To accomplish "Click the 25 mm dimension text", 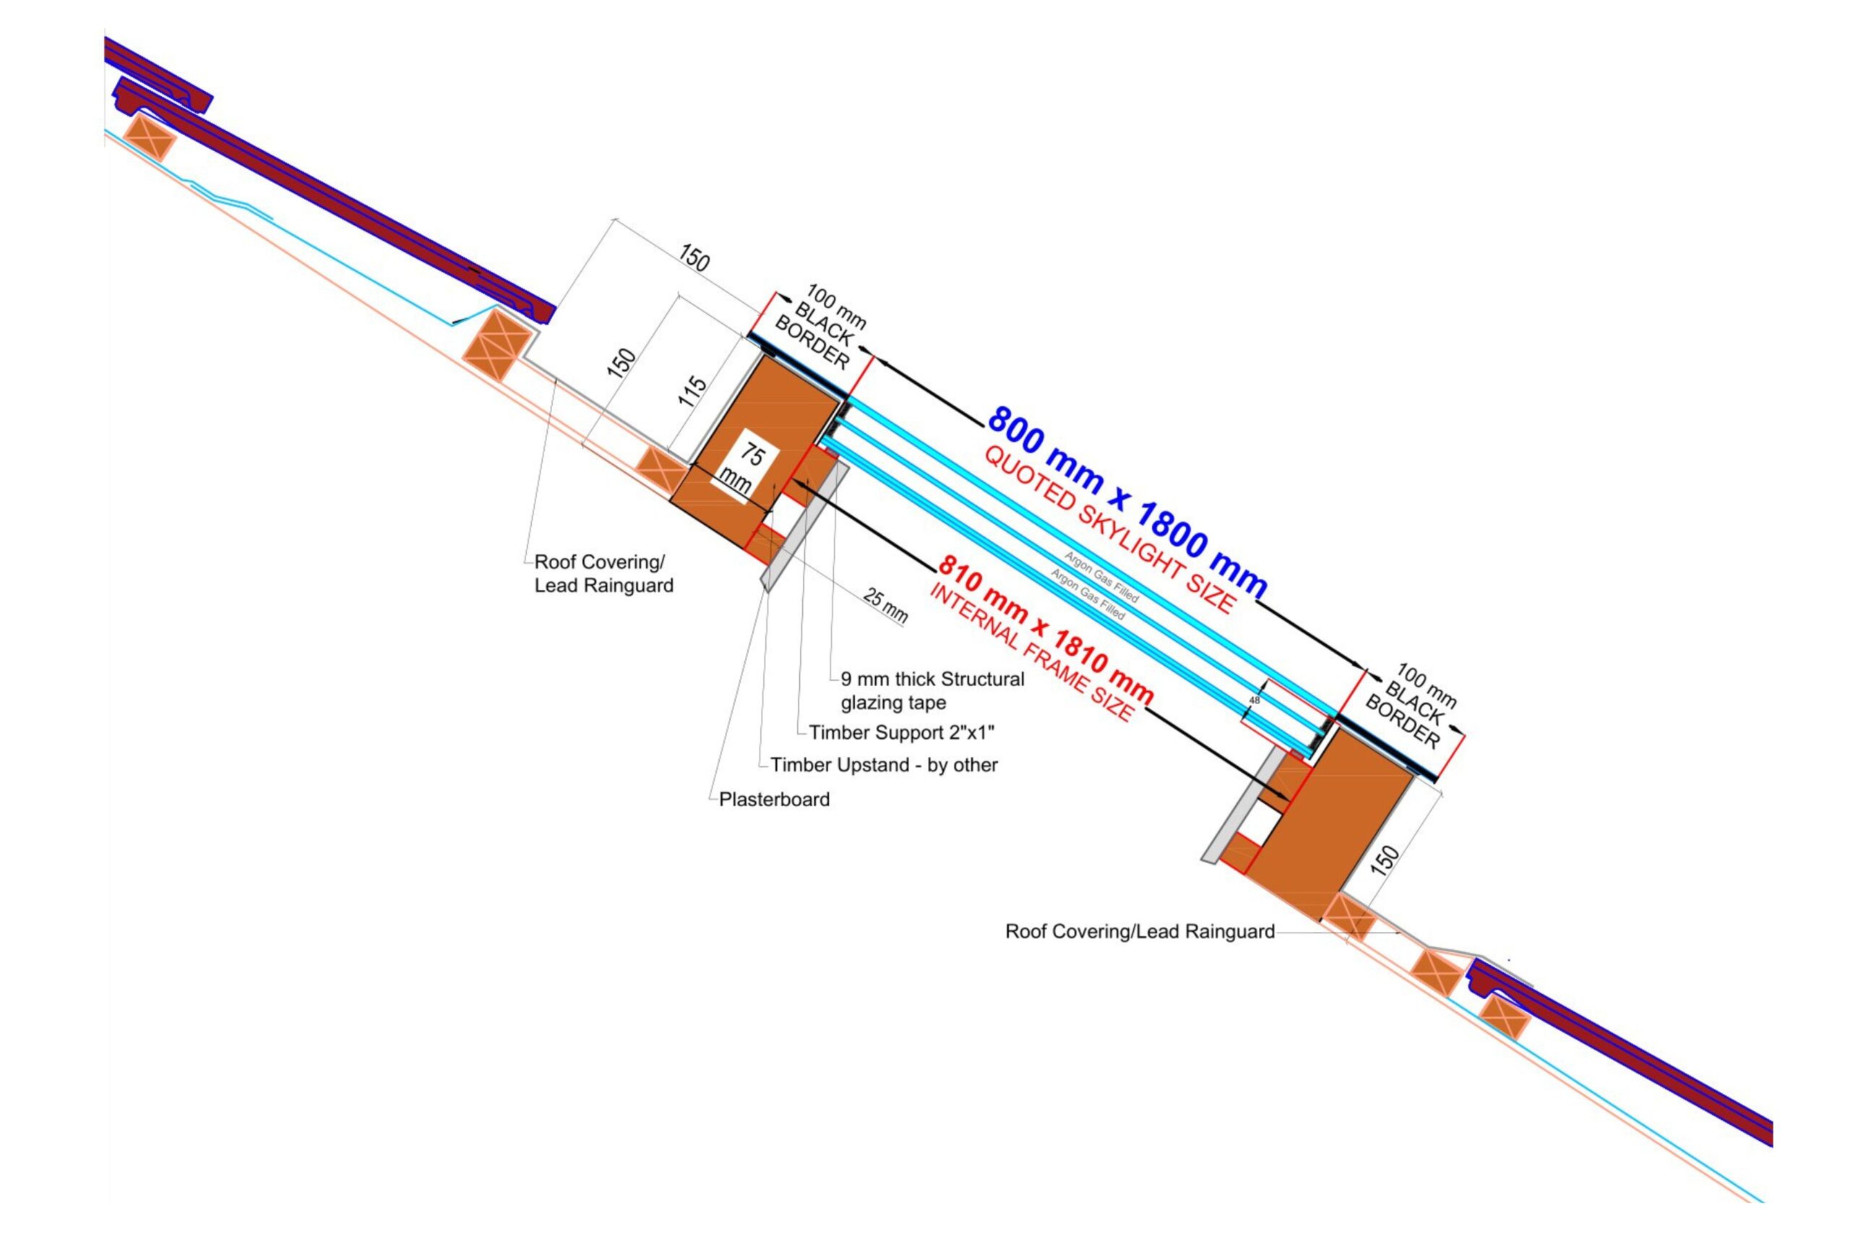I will (885, 605).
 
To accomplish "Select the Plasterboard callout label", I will (773, 799).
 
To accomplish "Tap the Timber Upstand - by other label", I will (883, 764).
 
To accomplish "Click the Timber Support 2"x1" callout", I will (900, 732).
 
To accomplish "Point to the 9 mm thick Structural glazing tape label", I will (932, 690).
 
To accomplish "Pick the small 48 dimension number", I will (1255, 700).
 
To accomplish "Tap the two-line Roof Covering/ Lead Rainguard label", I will (603, 573).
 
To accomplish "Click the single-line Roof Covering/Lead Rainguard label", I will (1140, 932).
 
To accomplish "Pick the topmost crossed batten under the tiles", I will (149, 137).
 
